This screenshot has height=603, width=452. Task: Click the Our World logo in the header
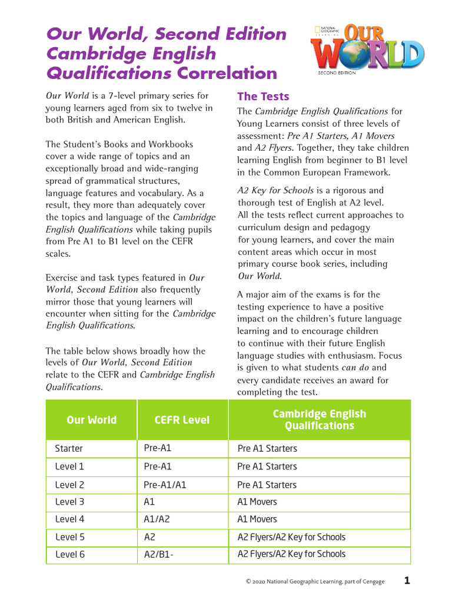pos(367,49)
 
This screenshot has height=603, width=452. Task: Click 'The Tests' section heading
pos(263,97)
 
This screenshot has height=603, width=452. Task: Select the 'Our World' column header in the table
pos(91,420)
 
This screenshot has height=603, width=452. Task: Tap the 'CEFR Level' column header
pos(182,420)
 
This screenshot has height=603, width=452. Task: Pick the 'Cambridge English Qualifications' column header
pos(319,419)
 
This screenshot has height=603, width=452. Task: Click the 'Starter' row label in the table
pos(69,449)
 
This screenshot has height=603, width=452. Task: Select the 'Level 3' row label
pos(69,502)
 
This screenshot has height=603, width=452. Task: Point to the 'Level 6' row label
pos(69,554)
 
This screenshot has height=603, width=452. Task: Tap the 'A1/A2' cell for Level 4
pos(157,519)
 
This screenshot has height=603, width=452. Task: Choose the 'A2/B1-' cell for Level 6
pos(158,554)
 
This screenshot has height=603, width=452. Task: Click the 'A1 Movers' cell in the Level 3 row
pos(257,502)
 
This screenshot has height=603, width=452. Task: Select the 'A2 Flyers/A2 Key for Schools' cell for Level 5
pos(291,537)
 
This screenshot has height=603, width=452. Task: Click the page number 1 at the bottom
pos(407,581)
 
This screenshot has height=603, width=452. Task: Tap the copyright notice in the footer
pos(315,582)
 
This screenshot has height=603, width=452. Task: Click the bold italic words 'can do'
pos(355,368)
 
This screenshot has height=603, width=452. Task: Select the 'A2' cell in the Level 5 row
pos(149,537)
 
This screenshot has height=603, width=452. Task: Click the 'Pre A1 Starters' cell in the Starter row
pos(267,449)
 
